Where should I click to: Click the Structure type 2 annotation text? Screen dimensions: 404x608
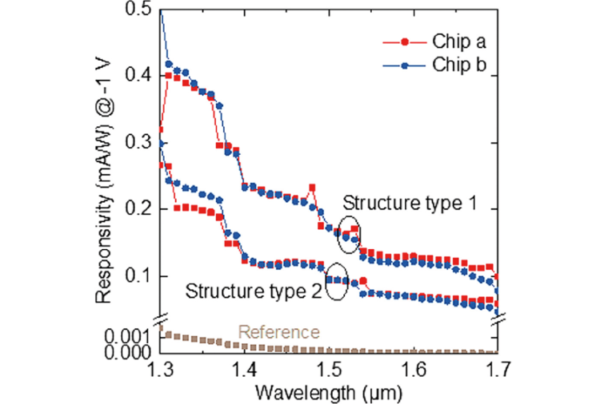254,291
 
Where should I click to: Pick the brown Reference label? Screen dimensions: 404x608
279,332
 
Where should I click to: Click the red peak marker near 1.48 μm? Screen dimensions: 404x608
311,188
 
